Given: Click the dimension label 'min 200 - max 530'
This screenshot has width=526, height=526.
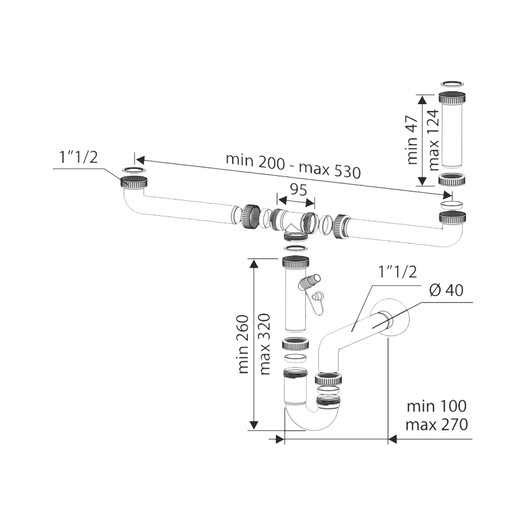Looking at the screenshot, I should (293, 165).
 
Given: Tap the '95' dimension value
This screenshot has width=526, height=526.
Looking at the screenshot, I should (298, 190).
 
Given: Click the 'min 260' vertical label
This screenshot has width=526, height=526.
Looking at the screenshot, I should (243, 344).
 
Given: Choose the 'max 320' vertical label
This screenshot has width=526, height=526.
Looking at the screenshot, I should (265, 344).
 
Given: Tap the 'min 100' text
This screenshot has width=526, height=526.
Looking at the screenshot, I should (436, 406).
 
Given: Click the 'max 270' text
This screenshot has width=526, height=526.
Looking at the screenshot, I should (436, 424).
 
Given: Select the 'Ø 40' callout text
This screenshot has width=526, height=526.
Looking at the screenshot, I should (446, 290).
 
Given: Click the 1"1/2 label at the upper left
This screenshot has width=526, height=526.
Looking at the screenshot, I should (78, 158).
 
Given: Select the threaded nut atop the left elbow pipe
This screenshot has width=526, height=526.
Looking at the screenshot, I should (134, 183).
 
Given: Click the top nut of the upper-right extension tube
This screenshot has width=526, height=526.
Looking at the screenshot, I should (452, 98).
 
